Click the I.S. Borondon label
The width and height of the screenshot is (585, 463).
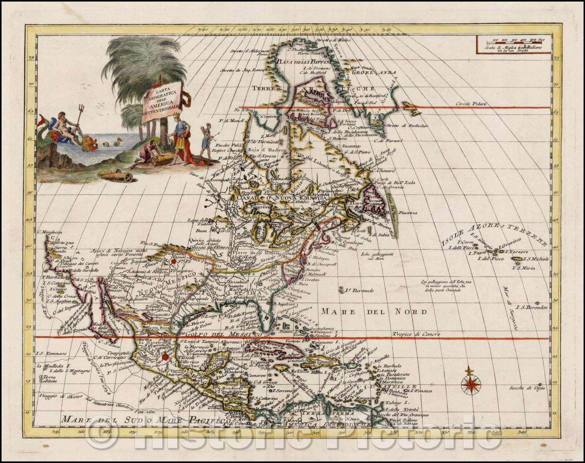532,307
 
